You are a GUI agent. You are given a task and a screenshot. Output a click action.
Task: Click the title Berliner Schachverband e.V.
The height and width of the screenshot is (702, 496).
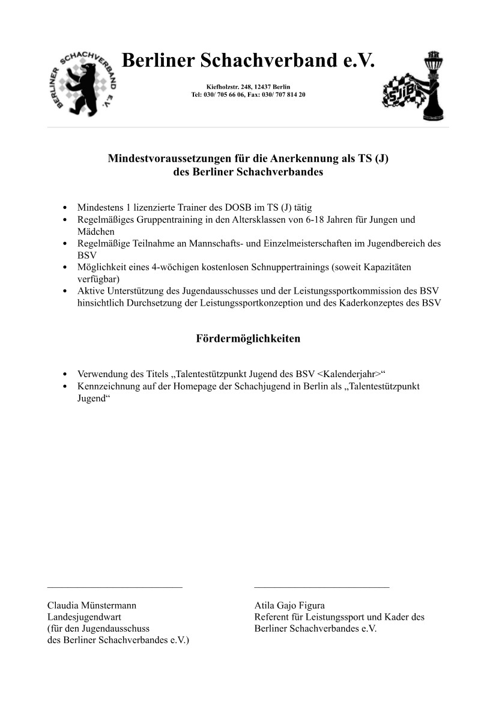point(247,61)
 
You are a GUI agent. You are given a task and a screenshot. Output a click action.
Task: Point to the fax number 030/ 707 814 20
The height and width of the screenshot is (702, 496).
point(283,95)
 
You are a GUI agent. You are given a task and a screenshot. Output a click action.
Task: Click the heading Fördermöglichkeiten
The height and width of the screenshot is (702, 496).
point(248,339)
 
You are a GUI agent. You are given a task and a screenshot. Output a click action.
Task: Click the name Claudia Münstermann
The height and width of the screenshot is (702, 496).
point(96,605)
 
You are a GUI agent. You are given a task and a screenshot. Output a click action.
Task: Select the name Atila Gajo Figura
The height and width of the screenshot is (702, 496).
point(289,605)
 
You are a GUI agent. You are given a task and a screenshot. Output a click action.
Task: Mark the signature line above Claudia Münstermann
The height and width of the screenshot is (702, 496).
point(115,587)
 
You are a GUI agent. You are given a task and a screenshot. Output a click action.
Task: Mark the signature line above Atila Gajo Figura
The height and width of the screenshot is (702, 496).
point(321,587)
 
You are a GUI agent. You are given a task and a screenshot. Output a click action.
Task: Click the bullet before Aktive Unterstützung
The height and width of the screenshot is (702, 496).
point(64,291)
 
